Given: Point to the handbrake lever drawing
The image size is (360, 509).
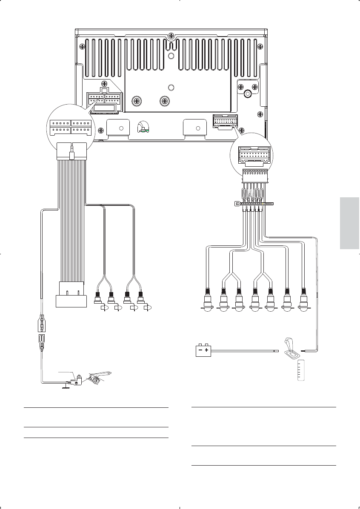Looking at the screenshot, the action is click(x=100, y=375).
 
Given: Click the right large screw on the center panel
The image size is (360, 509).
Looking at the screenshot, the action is click(x=164, y=101).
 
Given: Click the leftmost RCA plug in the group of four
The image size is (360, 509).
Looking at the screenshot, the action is click(x=97, y=298).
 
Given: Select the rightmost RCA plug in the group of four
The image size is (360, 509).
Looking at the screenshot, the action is click(x=140, y=298).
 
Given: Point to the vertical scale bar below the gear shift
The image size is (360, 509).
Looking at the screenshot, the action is click(x=301, y=370).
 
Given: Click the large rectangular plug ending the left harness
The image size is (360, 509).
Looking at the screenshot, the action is click(x=71, y=294).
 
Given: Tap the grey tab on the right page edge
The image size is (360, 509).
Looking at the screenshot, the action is click(x=350, y=223).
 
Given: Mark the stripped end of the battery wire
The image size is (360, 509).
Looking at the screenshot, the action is click(x=276, y=351).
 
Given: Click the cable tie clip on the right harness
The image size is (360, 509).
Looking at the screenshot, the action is click(x=237, y=203).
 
